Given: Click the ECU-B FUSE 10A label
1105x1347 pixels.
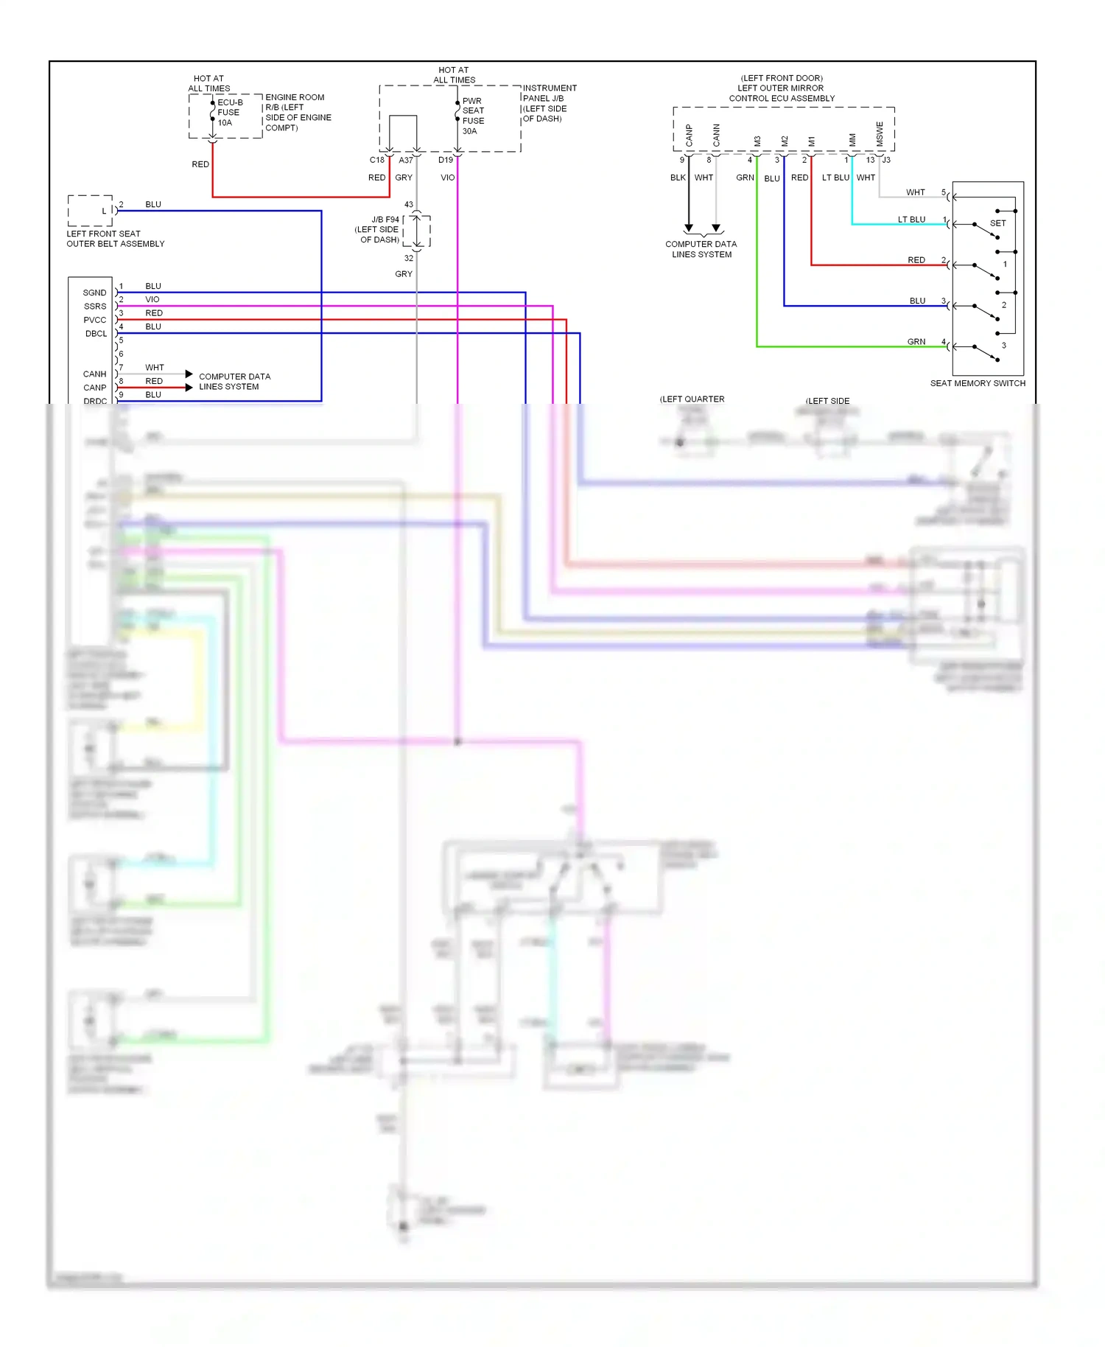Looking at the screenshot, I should pyautogui.click(x=228, y=113).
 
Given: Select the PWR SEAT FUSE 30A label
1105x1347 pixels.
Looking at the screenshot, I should pyautogui.click(x=473, y=116).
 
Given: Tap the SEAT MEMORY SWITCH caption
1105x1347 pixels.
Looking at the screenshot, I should pyautogui.click(x=977, y=383).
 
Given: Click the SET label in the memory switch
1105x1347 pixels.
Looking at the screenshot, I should pyautogui.click(x=997, y=223).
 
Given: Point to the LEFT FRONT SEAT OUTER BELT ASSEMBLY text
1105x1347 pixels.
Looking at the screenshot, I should pyautogui.click(x=115, y=239).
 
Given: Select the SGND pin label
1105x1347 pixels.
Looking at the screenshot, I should pyautogui.click(x=94, y=293).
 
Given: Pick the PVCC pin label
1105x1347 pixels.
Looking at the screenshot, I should pyautogui.click(x=94, y=320).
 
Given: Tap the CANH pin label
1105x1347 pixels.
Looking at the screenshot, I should pyautogui.click(x=94, y=374).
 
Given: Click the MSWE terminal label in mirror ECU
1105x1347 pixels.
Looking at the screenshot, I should pyautogui.click(x=880, y=133).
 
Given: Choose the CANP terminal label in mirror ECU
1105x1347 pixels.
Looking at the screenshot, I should pyautogui.click(x=690, y=135).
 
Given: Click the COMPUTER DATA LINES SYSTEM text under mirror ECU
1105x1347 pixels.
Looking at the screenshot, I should pyautogui.click(x=701, y=249).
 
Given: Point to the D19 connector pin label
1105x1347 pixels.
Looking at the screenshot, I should pyautogui.click(x=445, y=160).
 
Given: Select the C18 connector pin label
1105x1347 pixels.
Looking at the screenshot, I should pyautogui.click(x=376, y=160).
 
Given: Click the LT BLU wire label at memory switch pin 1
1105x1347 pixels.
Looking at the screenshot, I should pyautogui.click(x=911, y=220).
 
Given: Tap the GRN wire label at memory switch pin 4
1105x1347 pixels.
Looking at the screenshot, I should pyautogui.click(x=916, y=342).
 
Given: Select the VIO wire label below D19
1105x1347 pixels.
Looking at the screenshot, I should pyautogui.click(x=447, y=178).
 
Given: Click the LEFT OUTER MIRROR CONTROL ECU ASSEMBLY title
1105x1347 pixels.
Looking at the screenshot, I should pyautogui.click(x=782, y=88).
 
